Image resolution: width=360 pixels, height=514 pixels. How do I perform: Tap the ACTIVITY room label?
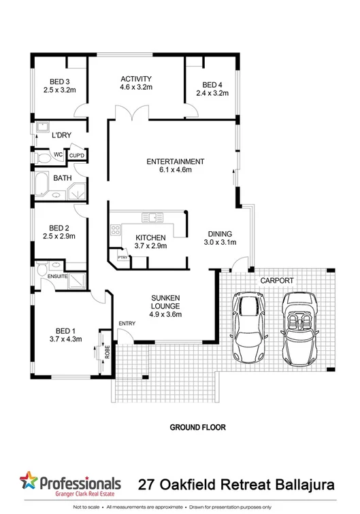(x=136, y=79)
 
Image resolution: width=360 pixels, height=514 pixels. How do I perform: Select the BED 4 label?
(x=212, y=85)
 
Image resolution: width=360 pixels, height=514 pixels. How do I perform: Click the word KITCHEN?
(x=150, y=237)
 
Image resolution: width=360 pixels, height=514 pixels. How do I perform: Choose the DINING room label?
(x=219, y=232)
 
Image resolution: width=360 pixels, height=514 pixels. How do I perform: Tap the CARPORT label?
(x=276, y=279)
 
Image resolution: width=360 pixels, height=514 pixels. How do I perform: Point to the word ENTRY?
(x=127, y=323)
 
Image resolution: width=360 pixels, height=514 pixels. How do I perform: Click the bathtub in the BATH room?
(x=42, y=184)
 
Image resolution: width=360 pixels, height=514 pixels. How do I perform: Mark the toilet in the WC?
(x=43, y=158)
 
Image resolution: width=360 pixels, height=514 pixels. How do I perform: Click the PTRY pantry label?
(x=123, y=258)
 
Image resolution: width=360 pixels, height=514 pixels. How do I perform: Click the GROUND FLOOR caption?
(x=197, y=428)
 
